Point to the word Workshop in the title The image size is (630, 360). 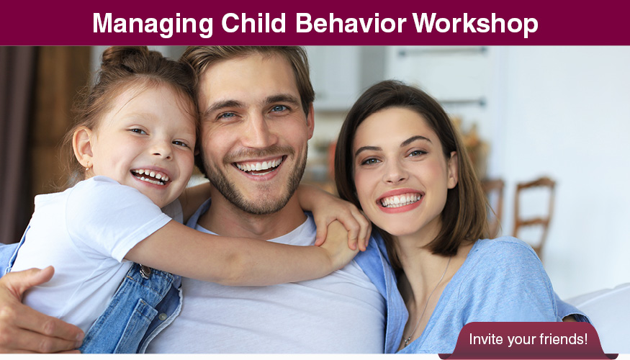tap(475, 23)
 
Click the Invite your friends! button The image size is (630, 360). tap(528, 338)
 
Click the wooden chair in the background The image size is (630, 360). tap(534, 212)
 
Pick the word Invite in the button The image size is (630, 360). tap(485, 338)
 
